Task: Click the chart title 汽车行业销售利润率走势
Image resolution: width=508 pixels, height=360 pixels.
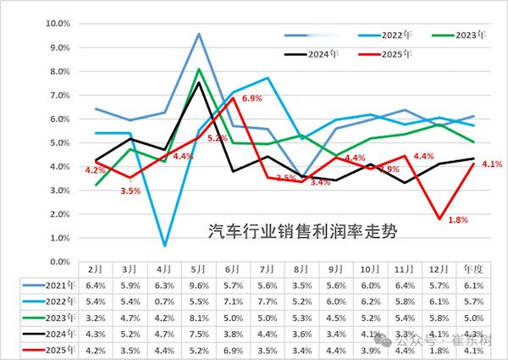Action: click(302, 230)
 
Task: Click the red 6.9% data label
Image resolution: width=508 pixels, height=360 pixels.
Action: click(253, 99)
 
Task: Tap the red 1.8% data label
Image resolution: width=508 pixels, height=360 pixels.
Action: click(458, 220)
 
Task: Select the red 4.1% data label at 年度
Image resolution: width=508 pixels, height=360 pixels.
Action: click(492, 164)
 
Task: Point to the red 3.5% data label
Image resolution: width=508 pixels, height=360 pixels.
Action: click(130, 191)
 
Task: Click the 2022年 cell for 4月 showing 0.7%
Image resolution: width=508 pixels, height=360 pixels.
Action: click(164, 301)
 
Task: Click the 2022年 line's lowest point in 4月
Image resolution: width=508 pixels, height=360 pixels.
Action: click(164, 246)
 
